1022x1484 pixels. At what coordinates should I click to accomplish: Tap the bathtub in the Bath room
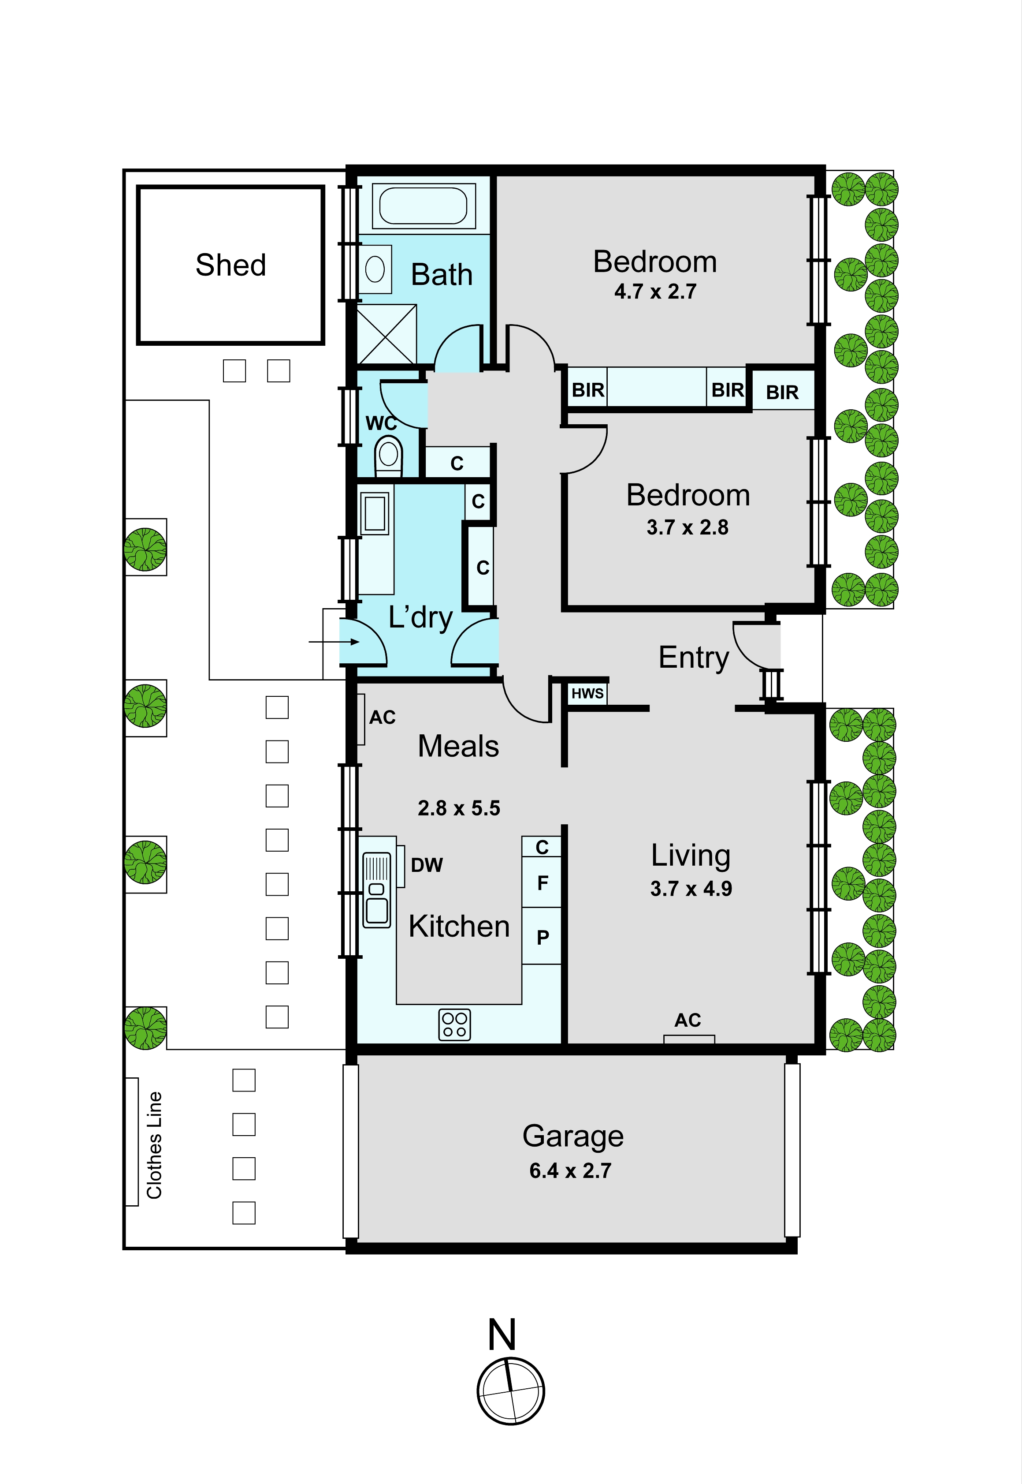[423, 206]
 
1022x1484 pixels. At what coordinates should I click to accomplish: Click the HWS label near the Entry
[587, 693]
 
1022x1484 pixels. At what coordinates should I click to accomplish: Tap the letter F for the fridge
[543, 883]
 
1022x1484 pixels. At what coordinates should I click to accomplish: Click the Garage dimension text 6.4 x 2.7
[570, 1171]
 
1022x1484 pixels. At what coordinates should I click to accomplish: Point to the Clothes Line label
[154, 1145]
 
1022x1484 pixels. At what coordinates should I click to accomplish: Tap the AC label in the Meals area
[382, 717]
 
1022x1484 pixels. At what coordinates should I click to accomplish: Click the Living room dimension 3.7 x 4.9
[691, 889]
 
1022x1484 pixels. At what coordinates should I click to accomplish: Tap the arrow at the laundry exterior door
[334, 641]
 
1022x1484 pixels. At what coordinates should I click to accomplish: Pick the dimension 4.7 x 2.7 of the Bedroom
[655, 292]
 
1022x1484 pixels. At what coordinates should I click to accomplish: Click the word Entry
[694, 658]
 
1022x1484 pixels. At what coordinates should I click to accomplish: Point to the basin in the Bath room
[375, 269]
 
